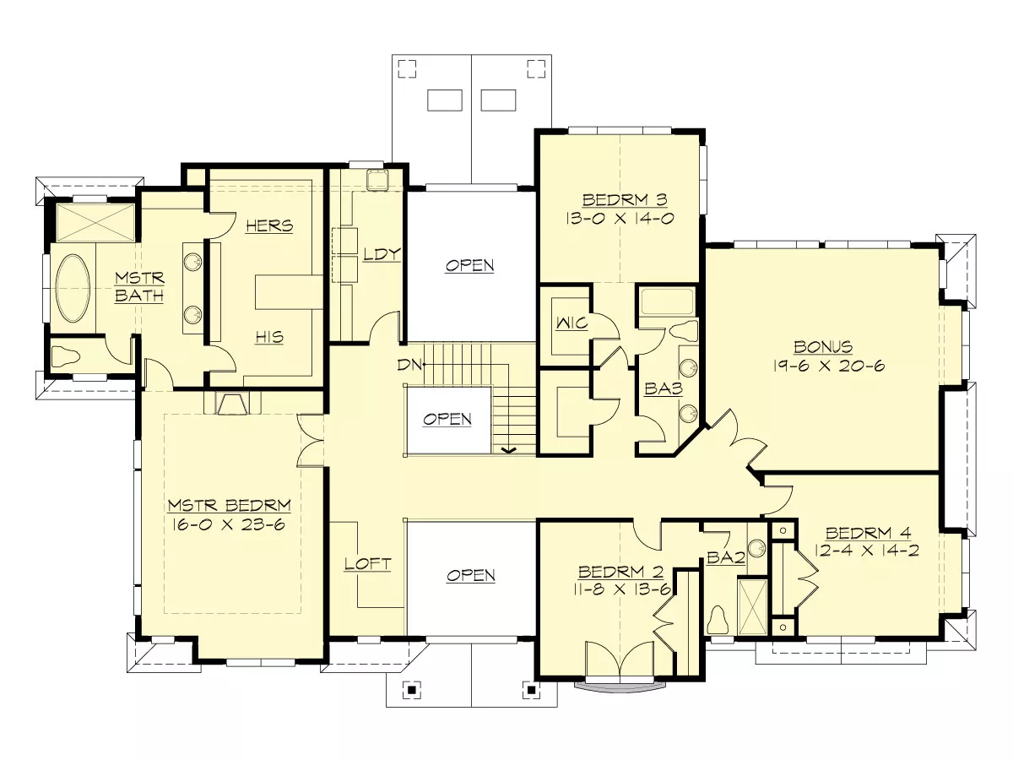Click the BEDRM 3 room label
click(x=625, y=200)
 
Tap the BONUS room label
click(x=823, y=346)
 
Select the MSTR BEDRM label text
click(x=230, y=505)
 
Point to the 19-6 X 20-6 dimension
click(x=828, y=366)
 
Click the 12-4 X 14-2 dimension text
click(x=866, y=551)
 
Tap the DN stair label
click(x=409, y=365)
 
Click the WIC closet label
click(x=572, y=323)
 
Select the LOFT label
click(x=368, y=564)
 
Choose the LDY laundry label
click(x=382, y=254)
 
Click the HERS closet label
click(x=269, y=226)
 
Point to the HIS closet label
click(x=269, y=337)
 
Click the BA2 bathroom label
click(x=726, y=558)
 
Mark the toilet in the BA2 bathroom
click(x=718, y=620)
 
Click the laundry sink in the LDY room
click(x=377, y=180)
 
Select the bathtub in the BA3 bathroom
click(x=668, y=301)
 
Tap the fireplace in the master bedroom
click(x=232, y=404)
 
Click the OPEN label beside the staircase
click(x=447, y=419)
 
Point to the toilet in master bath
click(x=67, y=356)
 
